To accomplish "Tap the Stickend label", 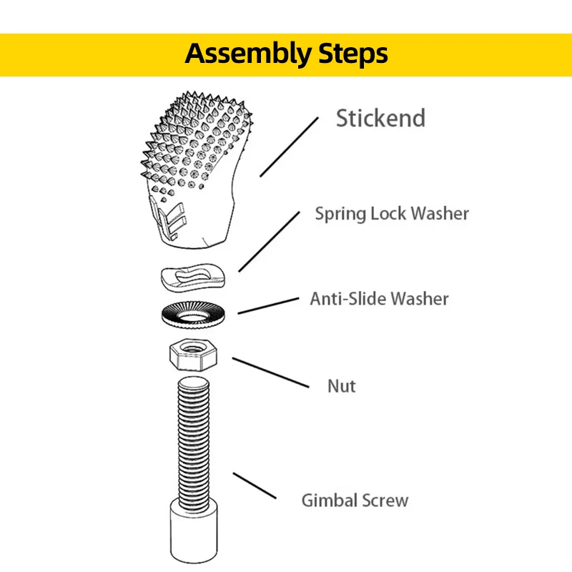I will tap(380, 119).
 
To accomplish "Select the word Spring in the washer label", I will tap(340, 214).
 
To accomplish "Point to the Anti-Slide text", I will tap(347, 298).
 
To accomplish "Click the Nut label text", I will tap(341, 386).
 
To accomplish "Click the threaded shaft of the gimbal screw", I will tap(195, 436).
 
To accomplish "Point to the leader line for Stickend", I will tap(289, 146).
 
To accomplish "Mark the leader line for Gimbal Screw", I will tap(255, 486).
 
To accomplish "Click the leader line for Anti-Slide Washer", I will tap(267, 305).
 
